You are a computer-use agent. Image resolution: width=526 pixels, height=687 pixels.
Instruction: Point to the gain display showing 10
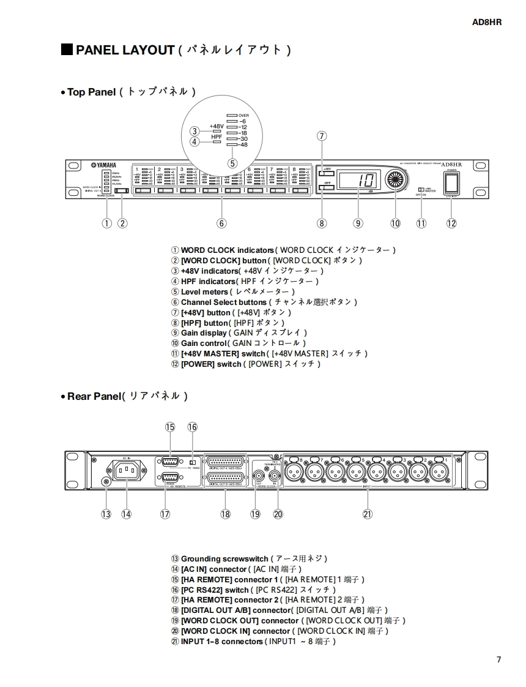point(358,181)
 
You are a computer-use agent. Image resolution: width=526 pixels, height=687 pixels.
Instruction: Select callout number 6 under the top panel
point(221,223)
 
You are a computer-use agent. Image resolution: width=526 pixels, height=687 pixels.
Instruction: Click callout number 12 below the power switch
point(451,223)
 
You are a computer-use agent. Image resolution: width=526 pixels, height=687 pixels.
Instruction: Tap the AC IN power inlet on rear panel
point(126,471)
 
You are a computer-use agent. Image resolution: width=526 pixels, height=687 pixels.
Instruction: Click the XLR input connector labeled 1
point(439,471)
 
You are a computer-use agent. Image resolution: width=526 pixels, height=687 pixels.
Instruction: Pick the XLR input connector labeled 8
point(293,471)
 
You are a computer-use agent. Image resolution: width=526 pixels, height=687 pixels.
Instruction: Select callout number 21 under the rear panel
point(367,514)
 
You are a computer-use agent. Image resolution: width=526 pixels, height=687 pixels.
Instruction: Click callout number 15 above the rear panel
point(170,427)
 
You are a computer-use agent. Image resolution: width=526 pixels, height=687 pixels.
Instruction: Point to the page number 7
point(499,659)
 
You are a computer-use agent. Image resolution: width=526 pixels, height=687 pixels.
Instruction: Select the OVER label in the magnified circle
point(243,115)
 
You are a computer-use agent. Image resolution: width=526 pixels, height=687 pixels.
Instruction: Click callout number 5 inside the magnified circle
point(232,163)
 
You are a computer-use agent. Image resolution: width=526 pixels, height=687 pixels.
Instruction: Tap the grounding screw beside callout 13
point(106,482)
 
